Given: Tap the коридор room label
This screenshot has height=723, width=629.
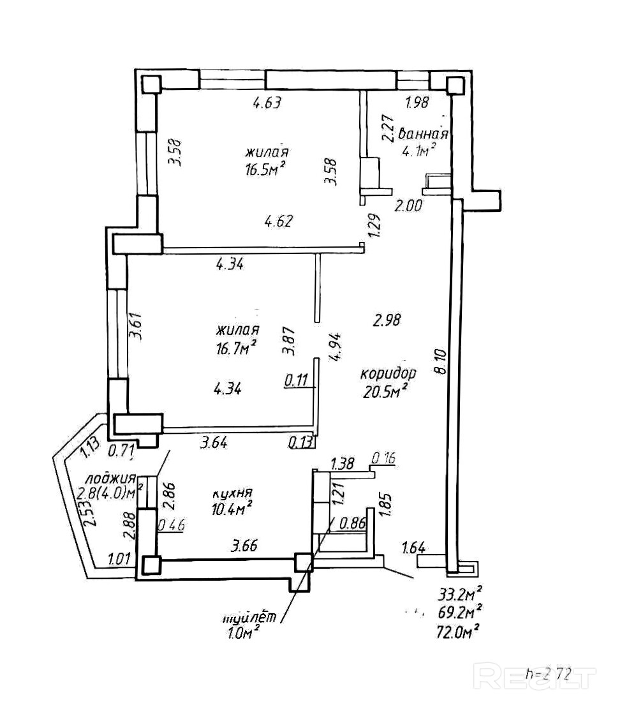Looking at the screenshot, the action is [x=389, y=373].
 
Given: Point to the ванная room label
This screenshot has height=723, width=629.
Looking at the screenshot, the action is [x=423, y=135].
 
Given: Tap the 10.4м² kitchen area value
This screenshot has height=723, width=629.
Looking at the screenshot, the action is [x=230, y=509].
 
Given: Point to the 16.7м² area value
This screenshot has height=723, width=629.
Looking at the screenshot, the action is [x=236, y=347].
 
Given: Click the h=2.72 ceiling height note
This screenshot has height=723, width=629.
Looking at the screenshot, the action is [x=547, y=673].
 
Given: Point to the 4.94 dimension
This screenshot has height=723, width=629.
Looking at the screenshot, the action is [x=336, y=347].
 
